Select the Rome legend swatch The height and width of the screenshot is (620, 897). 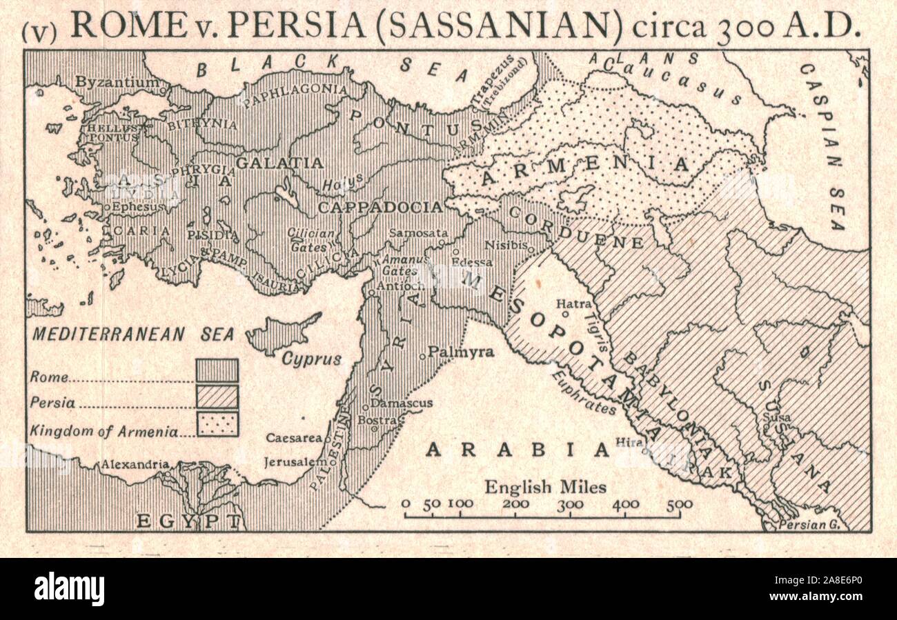pyautogui.click(x=217, y=370)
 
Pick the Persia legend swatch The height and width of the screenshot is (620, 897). pyautogui.click(x=217, y=397)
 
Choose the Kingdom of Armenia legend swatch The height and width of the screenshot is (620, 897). pyautogui.click(x=217, y=424)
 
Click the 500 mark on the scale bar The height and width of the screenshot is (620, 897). pyautogui.click(x=679, y=504)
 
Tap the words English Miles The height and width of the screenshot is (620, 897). pyautogui.click(x=545, y=487)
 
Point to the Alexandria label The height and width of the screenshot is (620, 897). pyautogui.click(x=135, y=465)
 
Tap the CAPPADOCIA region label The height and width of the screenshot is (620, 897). pyautogui.click(x=379, y=207)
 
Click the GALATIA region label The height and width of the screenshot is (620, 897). pyautogui.click(x=279, y=163)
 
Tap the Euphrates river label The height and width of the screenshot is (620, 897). pyautogui.click(x=583, y=392)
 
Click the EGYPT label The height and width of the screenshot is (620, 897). pyautogui.click(x=188, y=521)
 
